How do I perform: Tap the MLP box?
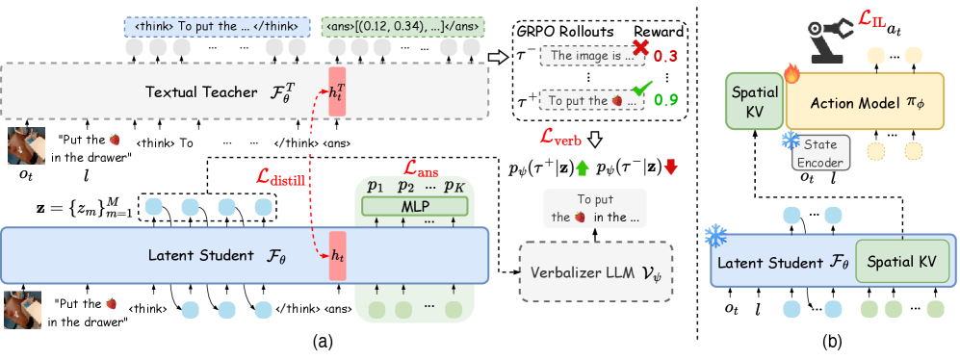(414, 206)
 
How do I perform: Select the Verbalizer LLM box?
(595, 270)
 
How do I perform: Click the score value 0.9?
(665, 98)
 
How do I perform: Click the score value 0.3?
(665, 57)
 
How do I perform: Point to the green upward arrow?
(582, 167)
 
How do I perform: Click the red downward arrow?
(671, 167)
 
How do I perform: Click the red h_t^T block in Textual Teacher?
(337, 92)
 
